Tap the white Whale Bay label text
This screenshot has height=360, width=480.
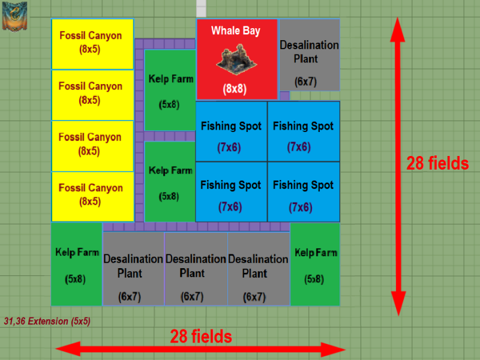tap(236, 31)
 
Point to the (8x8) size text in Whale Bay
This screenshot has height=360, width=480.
tap(235, 89)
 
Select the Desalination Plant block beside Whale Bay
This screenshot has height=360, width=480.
tap(309, 60)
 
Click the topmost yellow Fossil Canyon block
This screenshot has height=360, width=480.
tap(92, 43)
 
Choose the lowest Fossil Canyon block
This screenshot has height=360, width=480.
tap(92, 196)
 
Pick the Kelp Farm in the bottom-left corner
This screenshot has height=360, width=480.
tap(76, 264)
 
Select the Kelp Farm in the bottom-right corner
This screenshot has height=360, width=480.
tap(315, 264)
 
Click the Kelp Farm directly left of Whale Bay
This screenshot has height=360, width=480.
tap(170, 90)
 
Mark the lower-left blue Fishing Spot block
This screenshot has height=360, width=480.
tap(231, 191)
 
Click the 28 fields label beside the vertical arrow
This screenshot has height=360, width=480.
tap(437, 163)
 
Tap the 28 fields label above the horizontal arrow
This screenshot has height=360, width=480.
tap(200, 336)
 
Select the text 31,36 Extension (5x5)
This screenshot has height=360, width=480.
tap(47, 321)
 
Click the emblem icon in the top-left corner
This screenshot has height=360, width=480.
tap(14, 16)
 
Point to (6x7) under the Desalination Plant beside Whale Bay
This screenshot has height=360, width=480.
tap(305, 82)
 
